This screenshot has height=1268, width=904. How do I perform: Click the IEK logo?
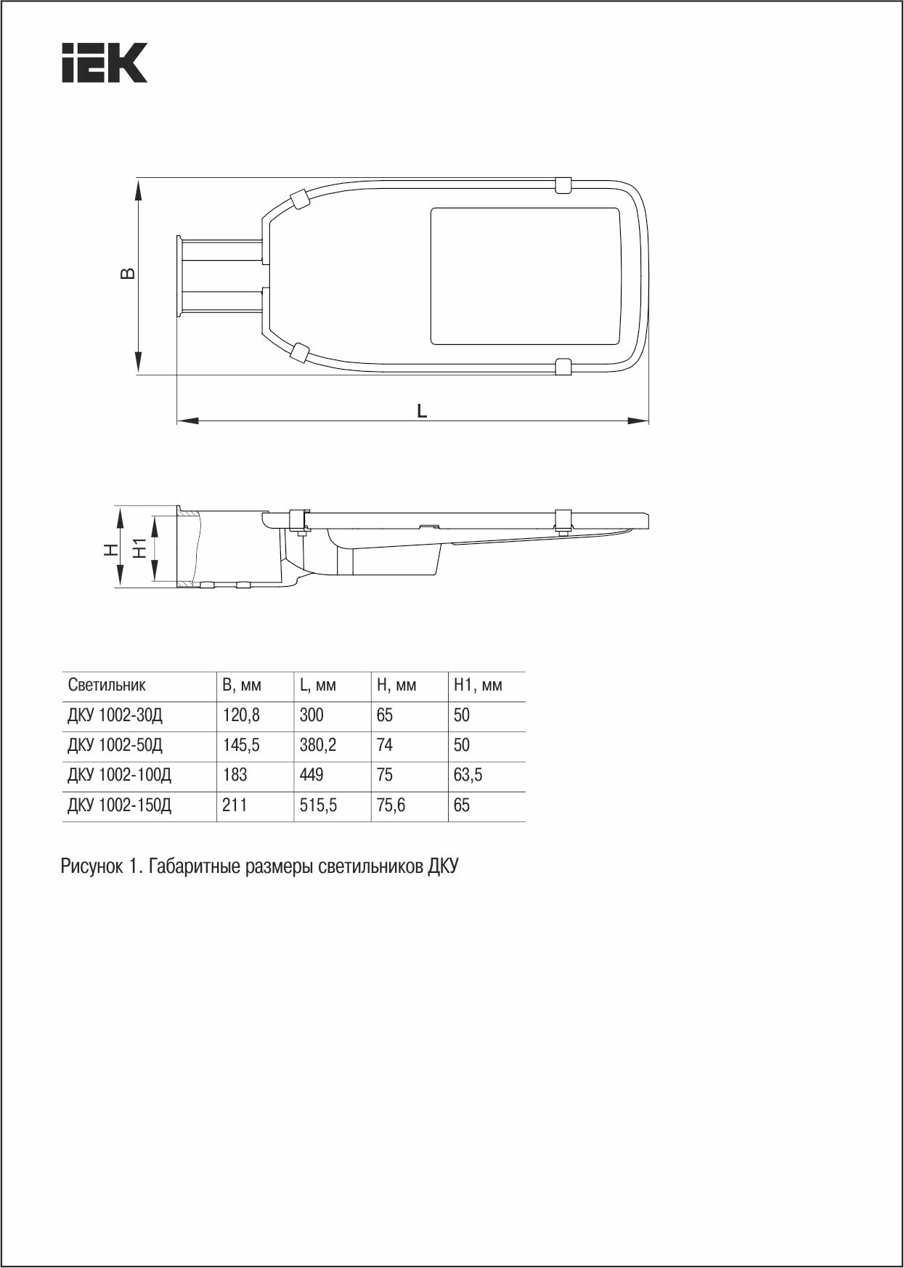coord(104,62)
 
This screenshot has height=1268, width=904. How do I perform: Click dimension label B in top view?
coord(127,274)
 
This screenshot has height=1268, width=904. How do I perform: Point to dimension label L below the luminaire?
coord(422,411)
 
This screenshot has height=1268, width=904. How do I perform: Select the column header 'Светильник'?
coord(107,685)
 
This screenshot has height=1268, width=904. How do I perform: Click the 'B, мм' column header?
coord(241,685)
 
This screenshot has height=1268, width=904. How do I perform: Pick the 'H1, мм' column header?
coord(477,685)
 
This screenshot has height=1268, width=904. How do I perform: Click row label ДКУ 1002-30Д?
coord(115,715)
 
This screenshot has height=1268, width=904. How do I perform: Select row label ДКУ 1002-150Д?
coord(119,805)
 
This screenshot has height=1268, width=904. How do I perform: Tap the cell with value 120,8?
coord(241,715)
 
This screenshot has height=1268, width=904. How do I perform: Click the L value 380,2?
coord(318,745)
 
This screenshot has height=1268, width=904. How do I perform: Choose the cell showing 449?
coord(311,775)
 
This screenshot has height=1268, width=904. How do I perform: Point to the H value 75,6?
coord(391,805)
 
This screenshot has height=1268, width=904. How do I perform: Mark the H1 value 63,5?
coord(468,775)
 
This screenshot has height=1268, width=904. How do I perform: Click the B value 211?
coord(235,805)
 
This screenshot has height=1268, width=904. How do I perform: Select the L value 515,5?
coord(318,805)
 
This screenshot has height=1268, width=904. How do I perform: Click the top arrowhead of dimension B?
coord(138,187)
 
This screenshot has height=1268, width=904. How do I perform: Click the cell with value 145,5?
coord(241,745)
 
